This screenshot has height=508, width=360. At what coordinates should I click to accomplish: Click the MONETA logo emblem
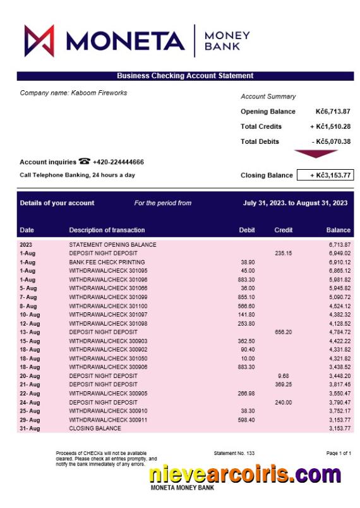click(x=39, y=41)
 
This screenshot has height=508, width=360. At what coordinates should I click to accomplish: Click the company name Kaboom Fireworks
click(x=73, y=93)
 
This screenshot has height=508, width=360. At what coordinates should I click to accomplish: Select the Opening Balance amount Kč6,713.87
click(x=333, y=112)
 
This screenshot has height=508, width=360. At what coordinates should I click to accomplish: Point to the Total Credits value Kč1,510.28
click(x=330, y=127)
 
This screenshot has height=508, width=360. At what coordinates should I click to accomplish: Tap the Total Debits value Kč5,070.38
click(x=331, y=142)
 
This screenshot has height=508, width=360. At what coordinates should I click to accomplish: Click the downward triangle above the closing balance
click(x=316, y=153)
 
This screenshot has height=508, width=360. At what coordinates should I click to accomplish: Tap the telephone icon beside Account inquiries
click(x=84, y=162)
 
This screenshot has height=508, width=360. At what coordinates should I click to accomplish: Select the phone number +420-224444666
click(x=118, y=162)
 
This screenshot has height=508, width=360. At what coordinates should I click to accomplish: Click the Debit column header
click(x=247, y=230)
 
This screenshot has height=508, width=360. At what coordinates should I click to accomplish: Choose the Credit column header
click(x=284, y=230)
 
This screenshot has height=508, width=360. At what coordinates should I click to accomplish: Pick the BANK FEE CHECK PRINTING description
click(x=107, y=262)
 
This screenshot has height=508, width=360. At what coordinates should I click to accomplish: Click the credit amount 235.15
click(x=284, y=253)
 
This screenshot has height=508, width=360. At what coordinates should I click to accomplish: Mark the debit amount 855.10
click(x=247, y=297)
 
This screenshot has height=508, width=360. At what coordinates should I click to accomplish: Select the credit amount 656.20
click(x=284, y=332)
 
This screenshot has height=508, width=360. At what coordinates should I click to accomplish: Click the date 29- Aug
click(x=30, y=420)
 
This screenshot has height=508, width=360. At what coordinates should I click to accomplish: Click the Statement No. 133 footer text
click(x=234, y=453)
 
